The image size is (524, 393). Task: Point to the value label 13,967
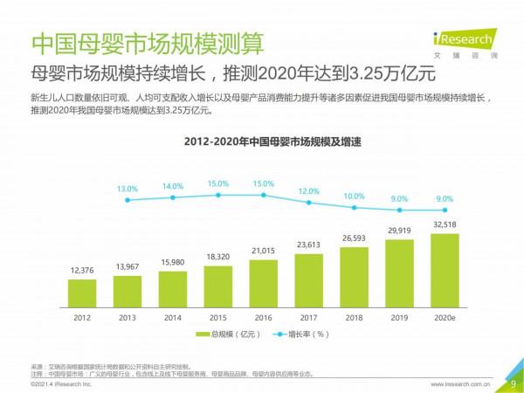(x=128, y=265)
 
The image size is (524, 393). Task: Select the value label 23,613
(x=308, y=245)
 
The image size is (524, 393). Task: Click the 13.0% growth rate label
(x=128, y=189)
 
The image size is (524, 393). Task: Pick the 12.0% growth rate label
(x=308, y=191)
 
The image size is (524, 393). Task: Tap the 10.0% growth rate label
(x=354, y=196)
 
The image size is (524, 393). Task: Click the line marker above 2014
(x=173, y=197)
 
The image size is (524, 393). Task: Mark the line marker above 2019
(x=399, y=210)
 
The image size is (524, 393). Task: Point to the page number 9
(x=513, y=383)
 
